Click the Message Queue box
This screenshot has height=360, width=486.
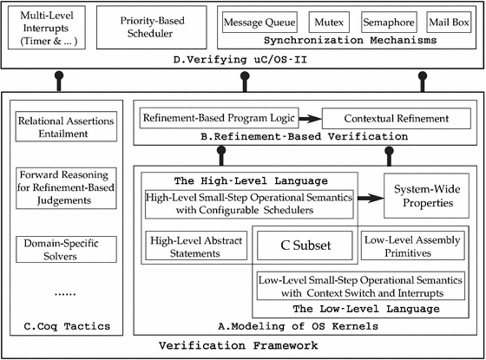coord(260,20)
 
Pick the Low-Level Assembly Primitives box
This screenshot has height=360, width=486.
coord(411,245)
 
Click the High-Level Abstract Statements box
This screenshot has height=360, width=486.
coord(196,245)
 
